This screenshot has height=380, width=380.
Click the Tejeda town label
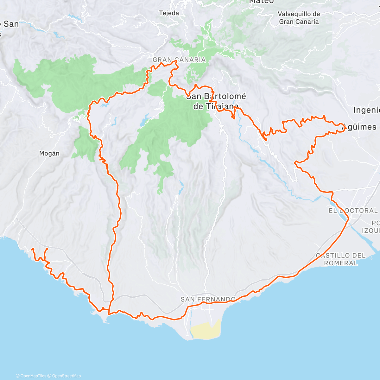tap(169, 13)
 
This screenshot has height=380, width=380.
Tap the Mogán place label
tap(49, 153)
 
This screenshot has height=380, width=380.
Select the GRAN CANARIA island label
tap(179, 60)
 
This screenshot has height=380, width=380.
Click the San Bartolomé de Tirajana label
tap(216, 101)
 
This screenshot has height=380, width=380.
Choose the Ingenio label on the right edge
tap(366, 110)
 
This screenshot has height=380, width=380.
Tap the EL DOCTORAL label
tap(353, 211)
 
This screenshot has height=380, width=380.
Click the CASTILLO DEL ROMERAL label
tap(340, 259)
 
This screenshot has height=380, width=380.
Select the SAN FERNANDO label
tap(208, 299)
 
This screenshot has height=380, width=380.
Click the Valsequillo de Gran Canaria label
tap(299, 18)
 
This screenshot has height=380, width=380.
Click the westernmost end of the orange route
tap(32, 250)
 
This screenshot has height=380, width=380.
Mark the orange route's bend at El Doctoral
tap(348, 218)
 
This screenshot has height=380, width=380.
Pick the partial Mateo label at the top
tap(261, 2)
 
